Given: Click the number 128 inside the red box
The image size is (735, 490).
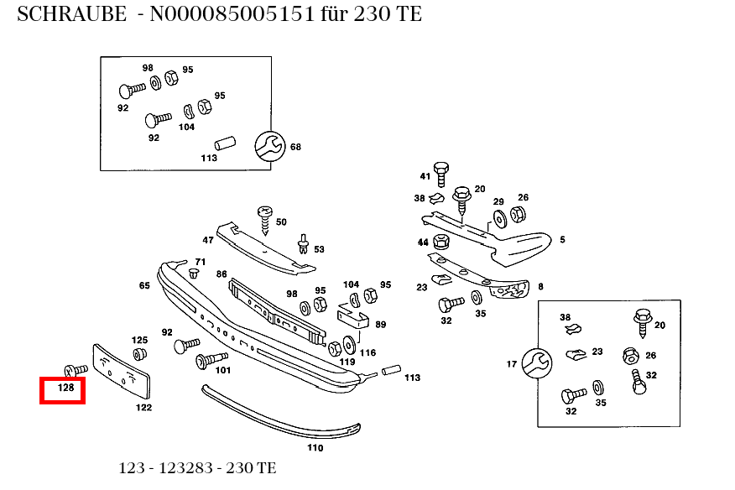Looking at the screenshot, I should click(x=65, y=388).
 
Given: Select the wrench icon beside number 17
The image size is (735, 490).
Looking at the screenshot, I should click(x=536, y=363).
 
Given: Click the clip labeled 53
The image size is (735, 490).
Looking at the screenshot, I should click(x=301, y=245).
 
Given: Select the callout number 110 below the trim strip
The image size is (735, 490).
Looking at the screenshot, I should click(x=315, y=448).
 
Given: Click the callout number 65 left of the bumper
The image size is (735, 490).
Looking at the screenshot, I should click(x=144, y=285).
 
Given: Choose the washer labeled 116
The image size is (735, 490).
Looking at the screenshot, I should click(x=349, y=346).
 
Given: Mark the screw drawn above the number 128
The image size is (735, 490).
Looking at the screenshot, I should click(x=75, y=369).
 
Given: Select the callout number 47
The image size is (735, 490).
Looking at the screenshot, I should click(x=207, y=240).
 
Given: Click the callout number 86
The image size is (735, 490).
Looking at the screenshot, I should click(x=222, y=274).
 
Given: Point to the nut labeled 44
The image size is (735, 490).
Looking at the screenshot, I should click(x=442, y=242).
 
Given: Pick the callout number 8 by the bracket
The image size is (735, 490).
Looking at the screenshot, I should click(x=540, y=286).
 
